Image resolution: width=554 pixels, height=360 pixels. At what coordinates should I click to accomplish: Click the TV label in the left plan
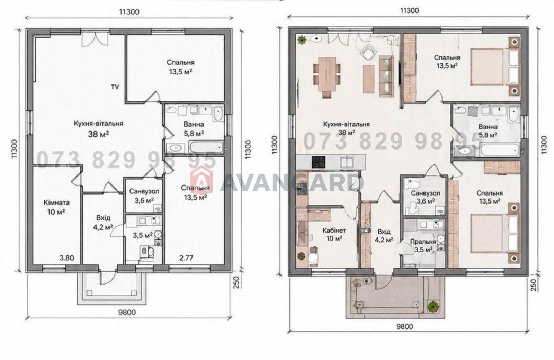(115, 87)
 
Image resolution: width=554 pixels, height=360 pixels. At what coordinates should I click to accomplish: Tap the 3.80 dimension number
(67, 258)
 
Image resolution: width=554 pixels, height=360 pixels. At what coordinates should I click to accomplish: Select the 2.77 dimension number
(186, 258)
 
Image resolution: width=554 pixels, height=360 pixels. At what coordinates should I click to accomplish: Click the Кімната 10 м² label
(57, 207)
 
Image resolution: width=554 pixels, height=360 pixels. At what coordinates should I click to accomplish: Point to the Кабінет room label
(334, 231)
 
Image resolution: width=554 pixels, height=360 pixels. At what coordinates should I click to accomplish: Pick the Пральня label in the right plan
(423, 242)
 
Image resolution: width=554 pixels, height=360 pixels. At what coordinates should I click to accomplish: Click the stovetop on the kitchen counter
(319, 162)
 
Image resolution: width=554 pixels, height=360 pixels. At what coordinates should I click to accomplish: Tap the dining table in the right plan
(327, 74)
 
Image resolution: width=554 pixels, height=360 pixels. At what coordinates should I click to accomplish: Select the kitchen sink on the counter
(347, 162)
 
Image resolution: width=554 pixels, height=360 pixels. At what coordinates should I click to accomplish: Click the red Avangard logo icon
(202, 179)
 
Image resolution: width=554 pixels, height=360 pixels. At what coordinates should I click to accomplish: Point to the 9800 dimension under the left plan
(127, 313)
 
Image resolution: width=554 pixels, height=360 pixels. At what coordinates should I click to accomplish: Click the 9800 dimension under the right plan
(405, 327)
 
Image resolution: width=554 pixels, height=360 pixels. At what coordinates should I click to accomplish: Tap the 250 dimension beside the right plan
(535, 285)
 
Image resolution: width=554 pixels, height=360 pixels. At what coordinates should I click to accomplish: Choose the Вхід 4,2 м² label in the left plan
(103, 222)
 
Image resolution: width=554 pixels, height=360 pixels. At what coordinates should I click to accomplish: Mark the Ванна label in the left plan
(194, 124)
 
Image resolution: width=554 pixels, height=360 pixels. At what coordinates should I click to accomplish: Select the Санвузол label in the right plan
(426, 193)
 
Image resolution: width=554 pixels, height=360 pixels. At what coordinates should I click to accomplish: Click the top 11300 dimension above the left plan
(129, 12)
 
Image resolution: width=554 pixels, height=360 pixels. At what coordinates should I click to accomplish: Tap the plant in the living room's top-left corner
(302, 40)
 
